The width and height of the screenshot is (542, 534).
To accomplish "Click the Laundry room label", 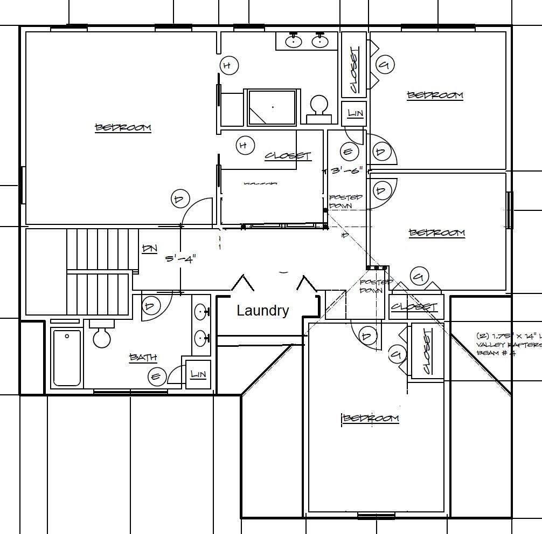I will (263, 311).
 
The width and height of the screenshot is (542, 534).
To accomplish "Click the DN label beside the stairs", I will (149, 249).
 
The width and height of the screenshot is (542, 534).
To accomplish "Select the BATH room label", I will (143, 357).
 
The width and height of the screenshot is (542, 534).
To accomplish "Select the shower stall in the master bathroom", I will (272, 107).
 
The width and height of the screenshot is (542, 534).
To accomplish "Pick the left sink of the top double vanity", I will (294, 41).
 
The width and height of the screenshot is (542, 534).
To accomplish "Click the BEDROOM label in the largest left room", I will (123, 128).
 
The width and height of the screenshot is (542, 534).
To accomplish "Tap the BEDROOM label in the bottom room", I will (371, 419).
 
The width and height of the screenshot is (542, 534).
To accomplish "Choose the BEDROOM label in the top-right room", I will (435, 95).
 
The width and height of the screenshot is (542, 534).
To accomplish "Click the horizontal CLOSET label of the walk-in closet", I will (288, 156).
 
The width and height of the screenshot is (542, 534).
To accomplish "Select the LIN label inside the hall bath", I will (198, 374).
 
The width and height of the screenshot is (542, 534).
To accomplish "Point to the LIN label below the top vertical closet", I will (355, 113).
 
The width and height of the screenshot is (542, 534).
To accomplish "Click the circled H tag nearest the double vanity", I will (228, 66).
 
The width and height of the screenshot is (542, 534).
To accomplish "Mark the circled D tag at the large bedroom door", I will (179, 199).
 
